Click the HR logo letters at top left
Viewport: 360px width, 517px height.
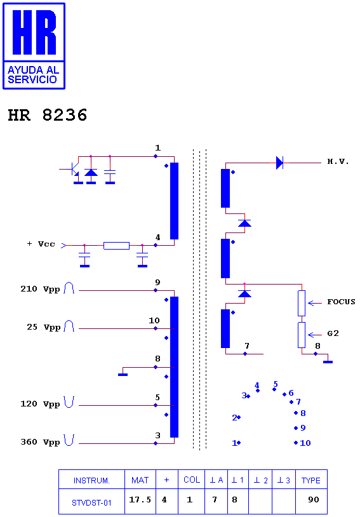(34, 32)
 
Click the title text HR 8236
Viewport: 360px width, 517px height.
(48, 115)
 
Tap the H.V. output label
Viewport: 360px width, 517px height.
(338, 161)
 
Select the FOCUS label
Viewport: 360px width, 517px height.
(341, 302)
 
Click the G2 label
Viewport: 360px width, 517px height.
(333, 333)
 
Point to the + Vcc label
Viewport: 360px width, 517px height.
(41, 244)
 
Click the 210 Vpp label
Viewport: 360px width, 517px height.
(40, 289)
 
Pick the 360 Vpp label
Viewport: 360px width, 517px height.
(40, 442)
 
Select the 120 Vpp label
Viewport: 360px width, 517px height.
(40, 404)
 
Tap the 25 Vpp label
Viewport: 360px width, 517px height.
(44, 327)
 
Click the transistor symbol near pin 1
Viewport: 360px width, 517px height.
(74, 170)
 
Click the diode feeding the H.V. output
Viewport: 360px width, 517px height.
(279, 163)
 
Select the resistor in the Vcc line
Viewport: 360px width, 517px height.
(116, 246)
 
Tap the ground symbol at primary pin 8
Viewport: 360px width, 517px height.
(123, 375)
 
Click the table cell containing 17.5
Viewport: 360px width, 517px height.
(140, 501)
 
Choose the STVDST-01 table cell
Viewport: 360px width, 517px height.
(91, 501)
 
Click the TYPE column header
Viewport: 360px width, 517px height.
(311, 480)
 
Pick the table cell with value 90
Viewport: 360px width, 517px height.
(311, 501)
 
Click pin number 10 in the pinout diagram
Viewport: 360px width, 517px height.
(305, 443)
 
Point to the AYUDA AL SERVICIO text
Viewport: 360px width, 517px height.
(33, 75)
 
